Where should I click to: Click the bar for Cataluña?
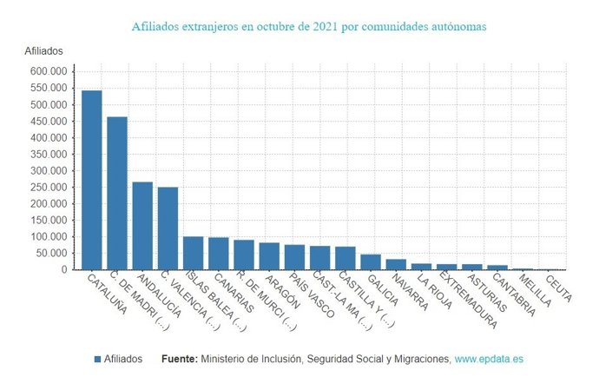(91, 180)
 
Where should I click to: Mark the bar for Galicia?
(371, 262)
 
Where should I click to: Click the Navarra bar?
(396, 264)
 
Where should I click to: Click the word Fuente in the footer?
(179, 359)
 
